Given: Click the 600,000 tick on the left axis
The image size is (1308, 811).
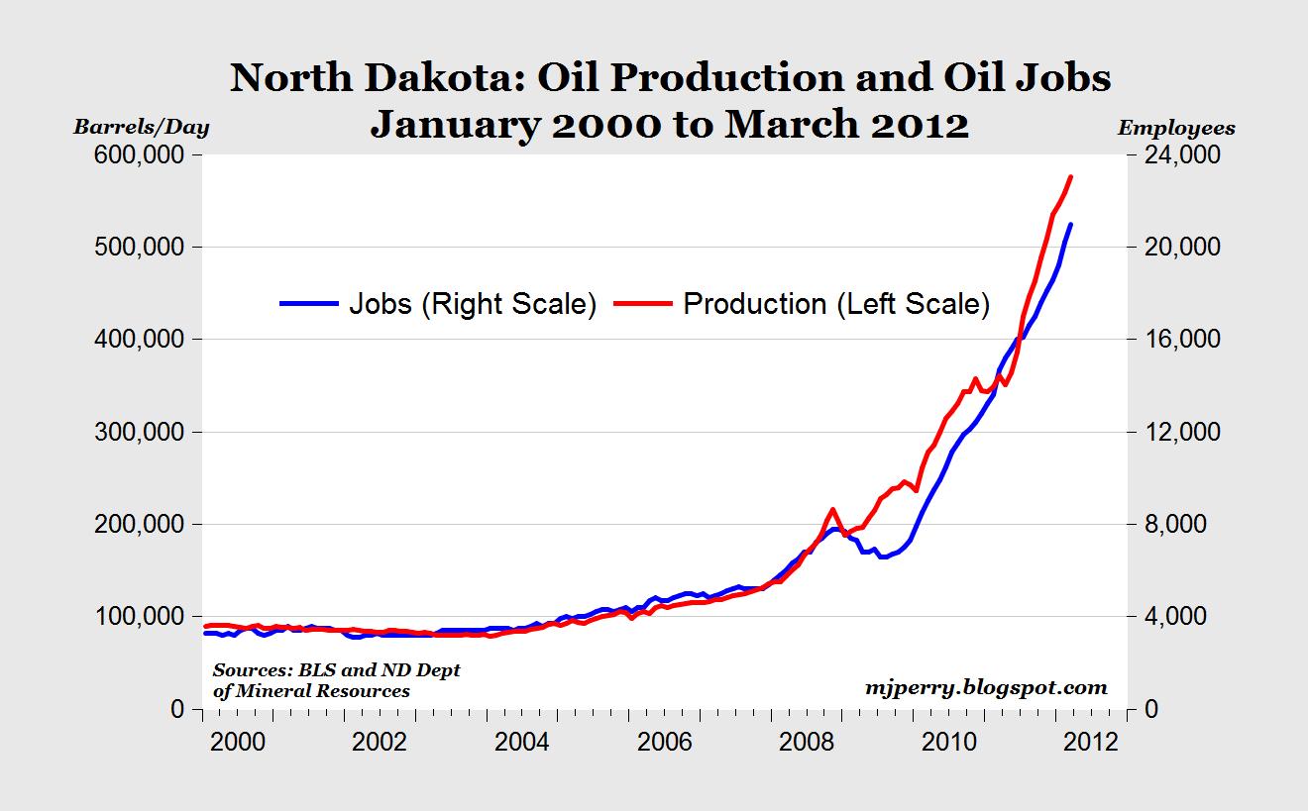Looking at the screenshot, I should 141,155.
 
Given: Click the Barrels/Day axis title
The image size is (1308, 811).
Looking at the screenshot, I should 143,127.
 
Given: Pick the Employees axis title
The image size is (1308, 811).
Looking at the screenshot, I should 1176,128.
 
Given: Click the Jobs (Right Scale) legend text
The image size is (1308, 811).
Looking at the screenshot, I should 472,304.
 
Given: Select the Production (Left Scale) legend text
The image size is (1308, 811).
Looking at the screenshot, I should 836,304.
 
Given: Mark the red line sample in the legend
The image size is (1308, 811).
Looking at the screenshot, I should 644,304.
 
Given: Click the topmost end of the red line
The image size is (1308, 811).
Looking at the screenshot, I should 1070,176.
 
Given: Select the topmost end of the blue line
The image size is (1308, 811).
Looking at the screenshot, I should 1070,225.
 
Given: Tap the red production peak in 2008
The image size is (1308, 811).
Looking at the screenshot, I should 832,509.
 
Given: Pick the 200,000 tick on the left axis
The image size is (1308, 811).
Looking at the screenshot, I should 141,525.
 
